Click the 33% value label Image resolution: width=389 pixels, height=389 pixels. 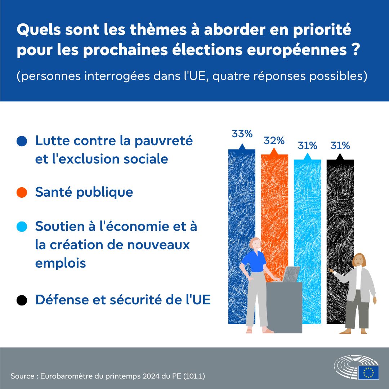(x=242, y=134)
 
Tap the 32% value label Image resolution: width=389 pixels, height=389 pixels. (x=274, y=140)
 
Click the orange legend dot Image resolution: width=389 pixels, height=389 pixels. (x=22, y=192)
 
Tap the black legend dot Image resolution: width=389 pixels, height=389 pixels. (x=22, y=300)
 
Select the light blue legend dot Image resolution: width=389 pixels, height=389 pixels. (x=22, y=227)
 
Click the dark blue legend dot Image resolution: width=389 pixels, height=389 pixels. (x=22, y=141)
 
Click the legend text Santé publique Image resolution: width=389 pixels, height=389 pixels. (x=84, y=192)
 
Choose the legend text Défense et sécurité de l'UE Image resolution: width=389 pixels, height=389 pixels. (x=123, y=299)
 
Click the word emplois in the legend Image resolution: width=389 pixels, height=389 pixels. (x=61, y=263)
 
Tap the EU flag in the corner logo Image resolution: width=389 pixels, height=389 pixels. (x=368, y=372)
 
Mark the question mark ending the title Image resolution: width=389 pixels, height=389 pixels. (x=356, y=49)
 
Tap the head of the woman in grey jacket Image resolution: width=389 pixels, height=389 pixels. (x=359, y=260)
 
